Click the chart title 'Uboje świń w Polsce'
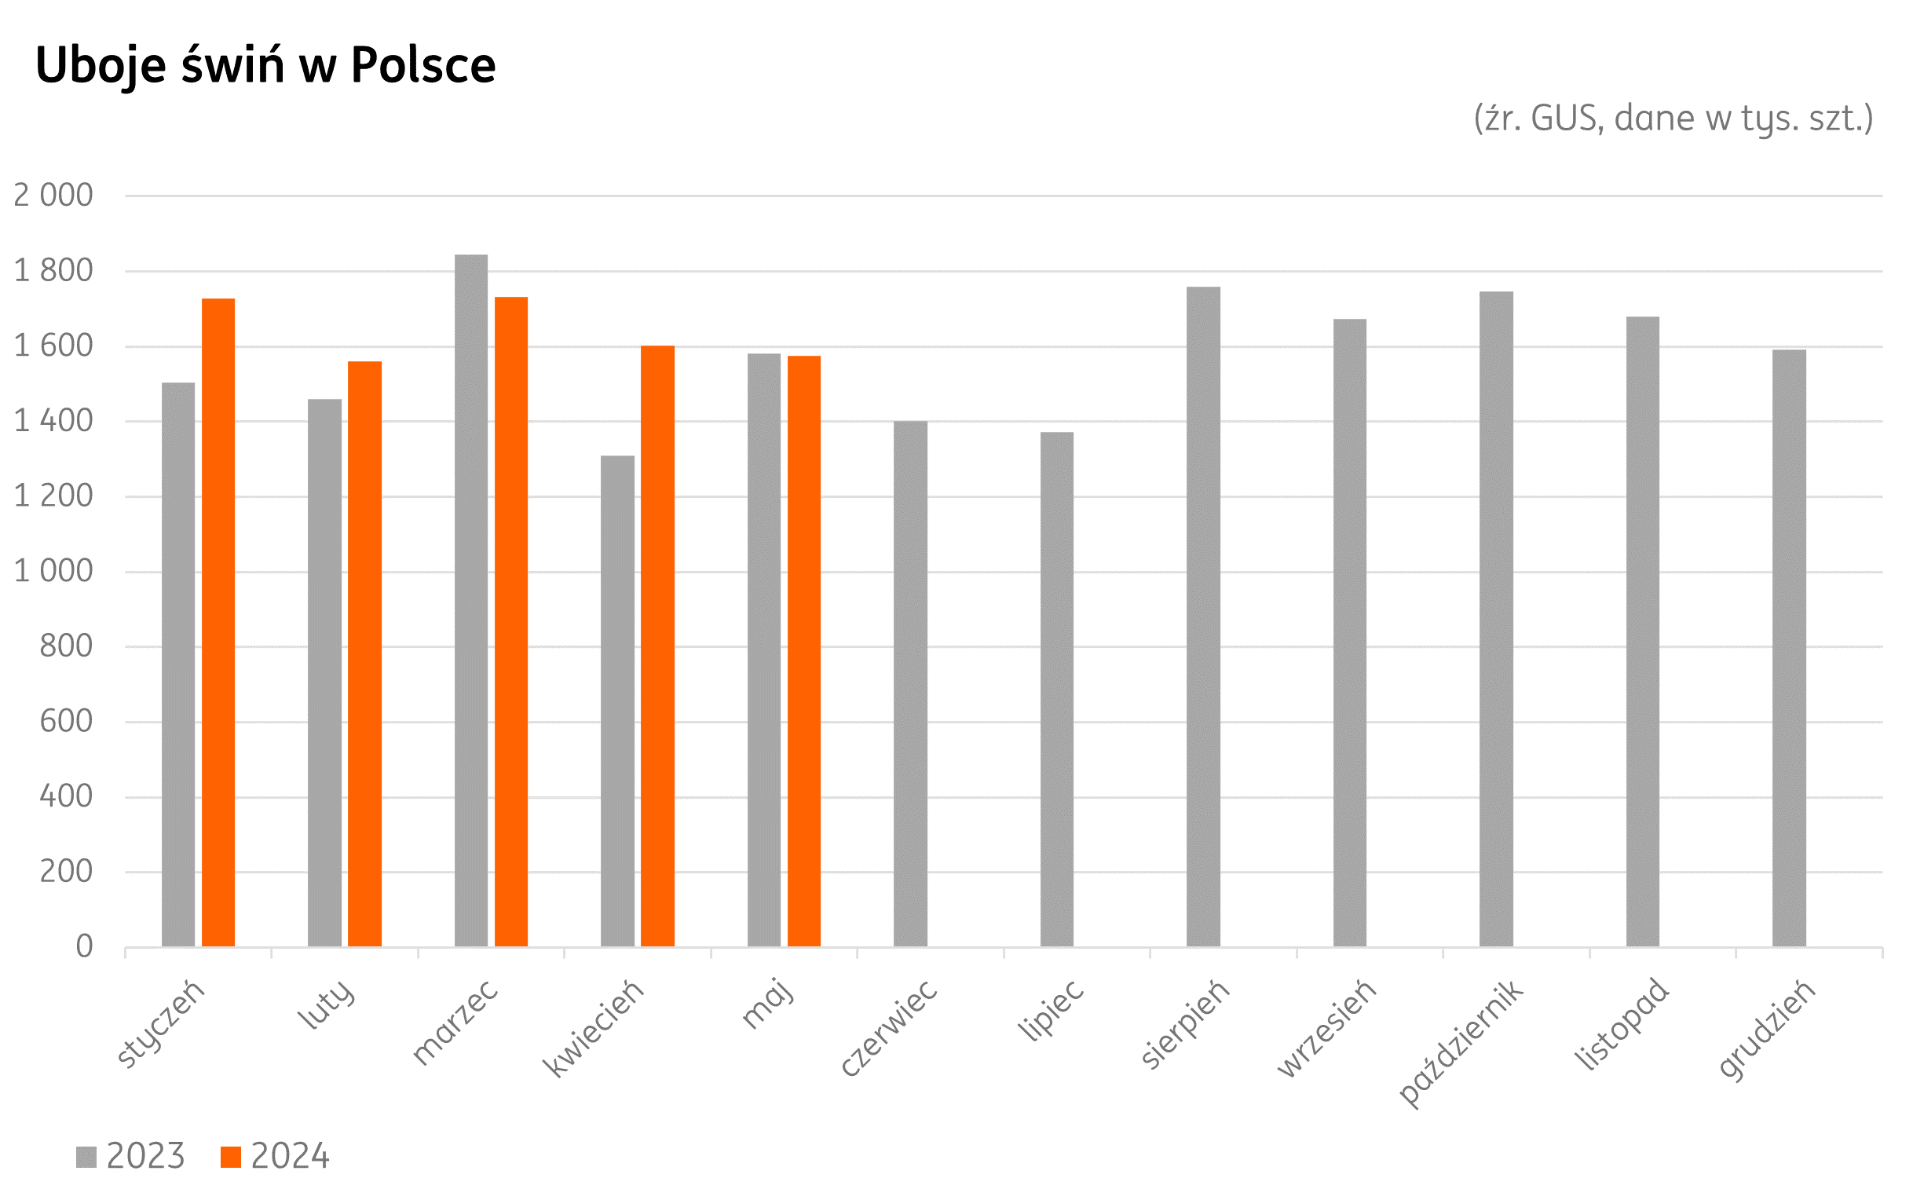pyautogui.click(x=265, y=65)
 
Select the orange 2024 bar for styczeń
pyautogui.click(x=218, y=622)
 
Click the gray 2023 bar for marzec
pyautogui.click(x=470, y=600)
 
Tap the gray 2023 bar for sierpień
pyautogui.click(x=1203, y=616)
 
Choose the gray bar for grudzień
pyautogui.click(x=1788, y=648)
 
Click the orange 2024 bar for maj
pyautogui.click(x=804, y=651)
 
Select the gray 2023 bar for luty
pyautogui.click(x=324, y=672)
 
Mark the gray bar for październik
pyautogui.click(x=1496, y=619)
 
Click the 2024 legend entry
pyautogui.click(x=275, y=1156)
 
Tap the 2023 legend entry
pyautogui.click(x=131, y=1156)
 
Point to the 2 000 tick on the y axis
pyautogui.click(x=53, y=196)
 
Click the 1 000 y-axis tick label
pyautogui.click(x=53, y=572)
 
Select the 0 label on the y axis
pyautogui.click(x=84, y=947)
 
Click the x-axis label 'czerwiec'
pyautogui.click(x=889, y=1029)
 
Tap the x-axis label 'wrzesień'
pyautogui.click(x=1326, y=1029)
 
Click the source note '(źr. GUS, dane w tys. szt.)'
pyautogui.click(x=1673, y=119)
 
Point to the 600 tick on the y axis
pyautogui.click(x=66, y=722)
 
